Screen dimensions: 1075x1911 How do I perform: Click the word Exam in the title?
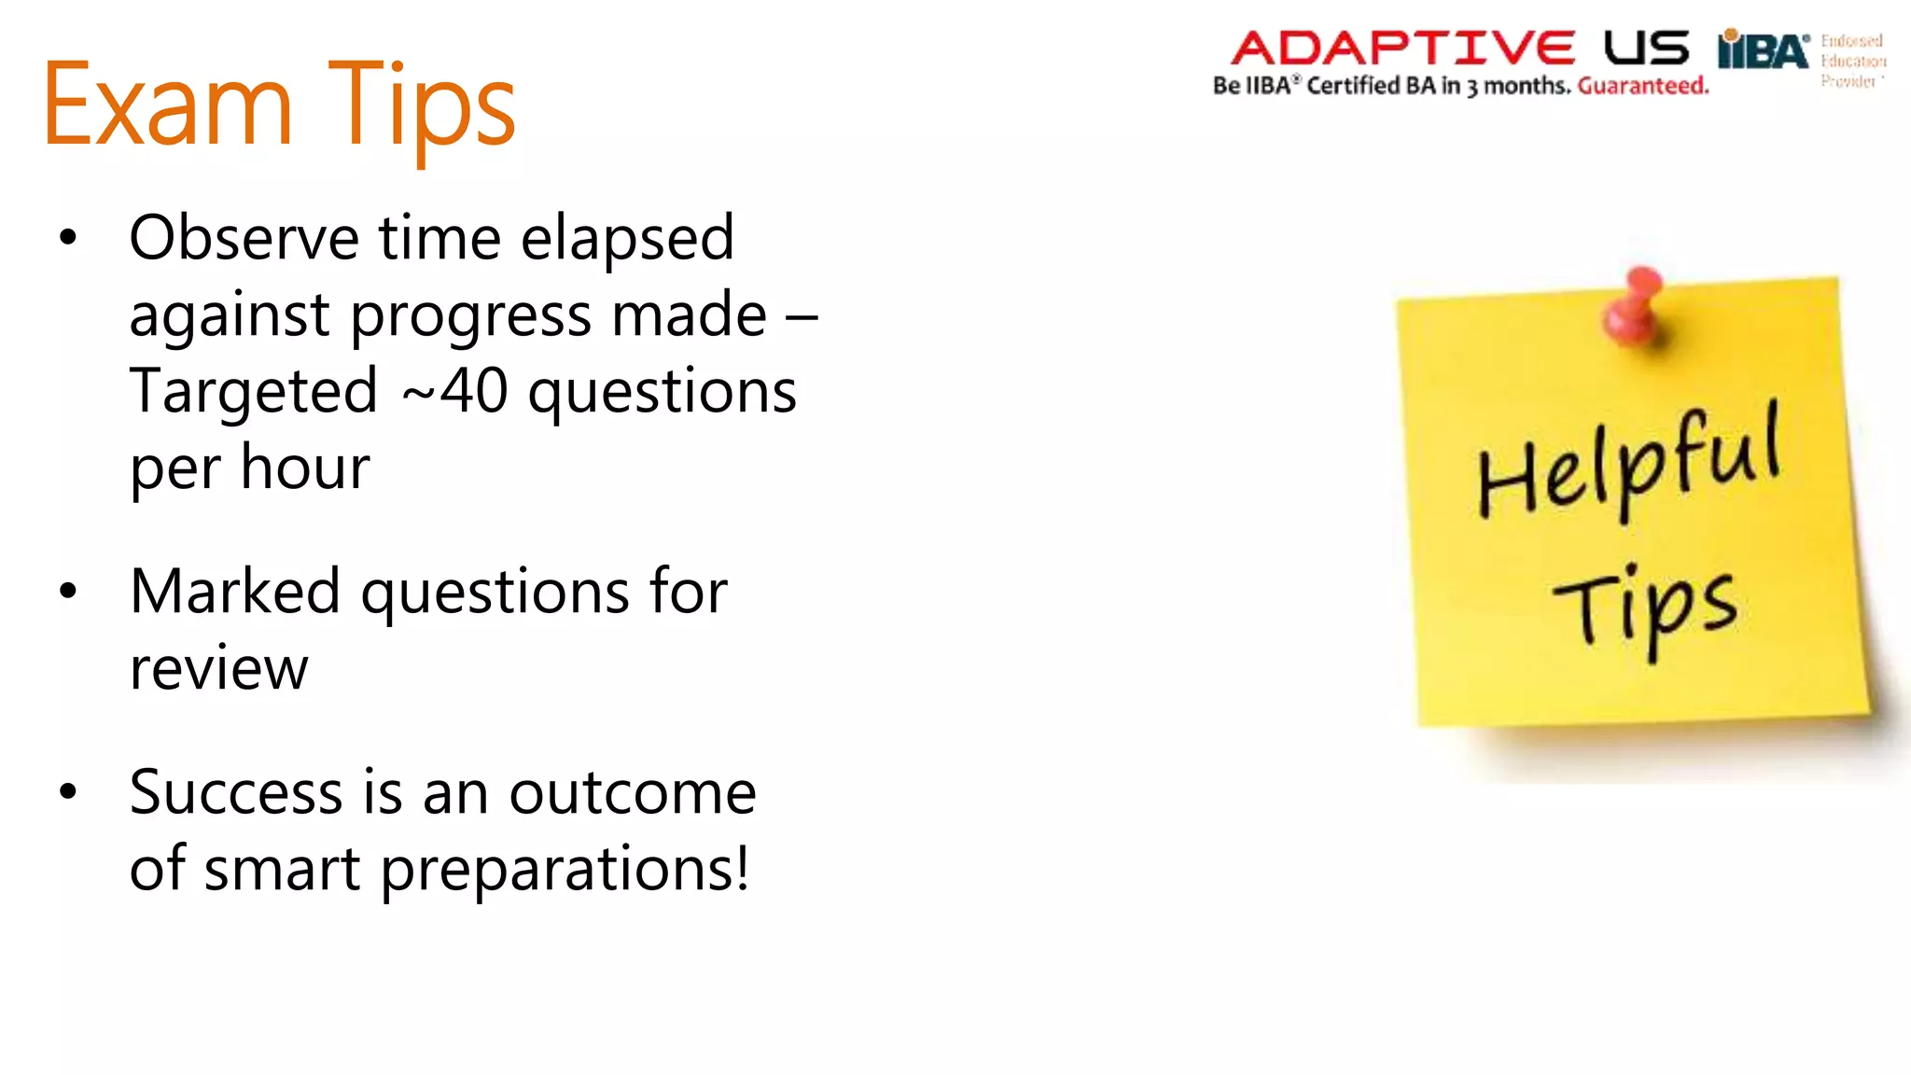pyautogui.click(x=168, y=105)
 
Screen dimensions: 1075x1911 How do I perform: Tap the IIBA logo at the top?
pyautogui.click(x=1764, y=50)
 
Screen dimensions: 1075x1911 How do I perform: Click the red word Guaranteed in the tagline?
pyautogui.click(x=1643, y=86)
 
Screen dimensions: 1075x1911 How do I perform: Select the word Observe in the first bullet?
pyautogui.click(x=244, y=238)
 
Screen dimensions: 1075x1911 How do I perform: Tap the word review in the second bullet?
pyautogui.click(x=218, y=668)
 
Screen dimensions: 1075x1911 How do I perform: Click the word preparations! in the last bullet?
pyautogui.click(x=565, y=870)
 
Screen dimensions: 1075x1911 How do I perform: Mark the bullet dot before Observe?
pyautogui.click(x=67, y=238)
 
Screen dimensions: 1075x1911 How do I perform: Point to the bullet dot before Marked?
pyautogui.click(x=67, y=592)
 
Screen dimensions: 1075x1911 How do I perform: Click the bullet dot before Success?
pyautogui.click(x=67, y=792)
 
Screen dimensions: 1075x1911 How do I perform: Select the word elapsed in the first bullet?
pyautogui.click(x=627, y=238)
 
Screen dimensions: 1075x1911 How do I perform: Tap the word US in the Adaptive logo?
pyautogui.click(x=1647, y=48)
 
